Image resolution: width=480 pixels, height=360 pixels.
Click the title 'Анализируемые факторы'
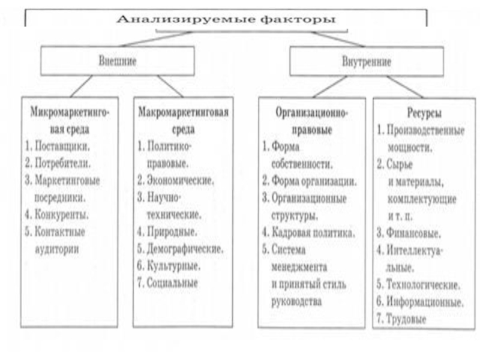226,19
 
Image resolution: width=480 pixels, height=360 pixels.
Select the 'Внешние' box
118,61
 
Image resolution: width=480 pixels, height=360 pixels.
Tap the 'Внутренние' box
367,61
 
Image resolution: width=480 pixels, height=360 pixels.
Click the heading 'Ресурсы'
424,113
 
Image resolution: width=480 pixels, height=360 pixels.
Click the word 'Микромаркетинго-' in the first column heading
70,112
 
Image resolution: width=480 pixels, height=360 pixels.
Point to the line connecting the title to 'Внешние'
155,39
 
